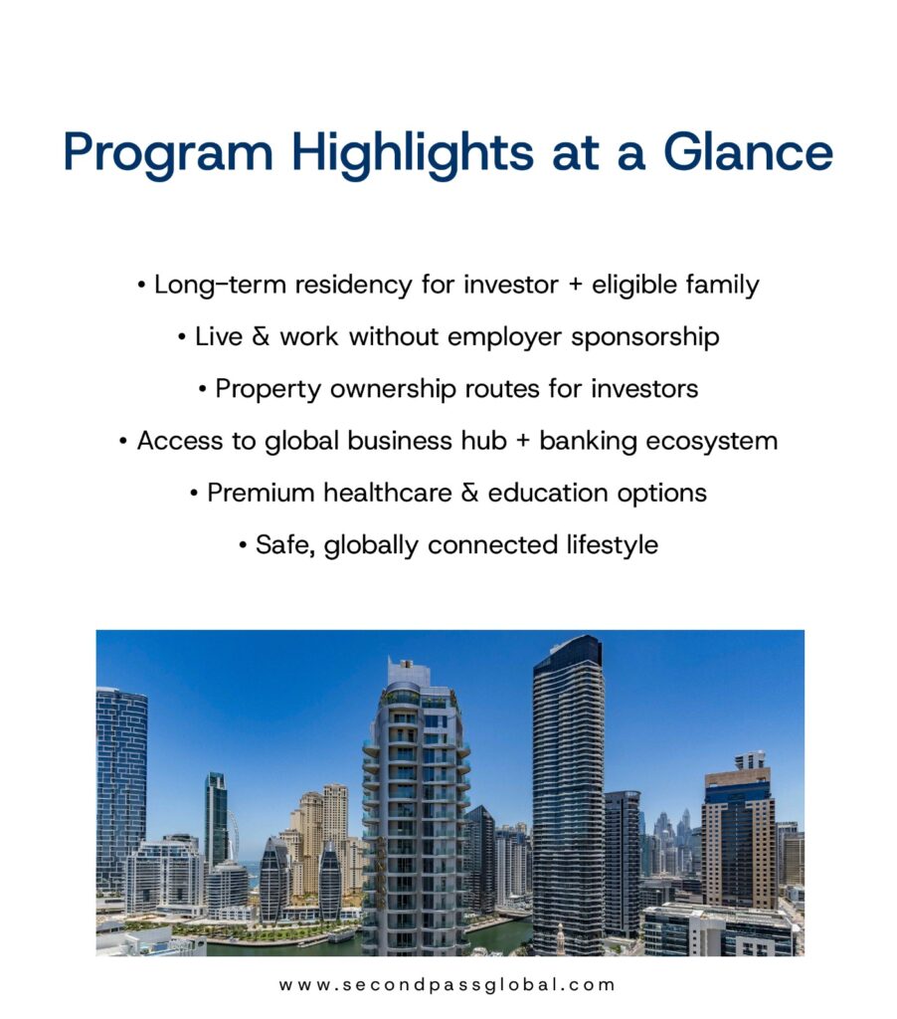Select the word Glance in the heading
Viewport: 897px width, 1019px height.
pos(748,151)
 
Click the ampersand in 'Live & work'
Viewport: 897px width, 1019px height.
pos(261,336)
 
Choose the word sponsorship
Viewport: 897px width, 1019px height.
pos(645,338)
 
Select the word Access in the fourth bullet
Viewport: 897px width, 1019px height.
pos(180,441)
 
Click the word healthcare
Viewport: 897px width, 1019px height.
pos(388,493)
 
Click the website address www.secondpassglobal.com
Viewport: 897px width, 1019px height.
pos(447,984)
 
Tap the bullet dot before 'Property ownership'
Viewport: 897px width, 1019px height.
pos(203,390)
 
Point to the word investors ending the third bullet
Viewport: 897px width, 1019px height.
pos(644,389)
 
